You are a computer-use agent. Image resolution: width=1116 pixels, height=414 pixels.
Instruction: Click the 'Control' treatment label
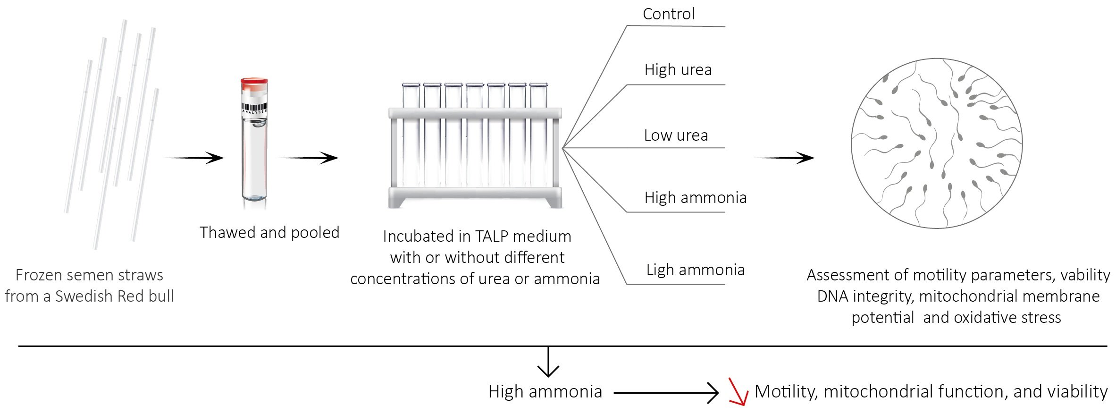pos(668,14)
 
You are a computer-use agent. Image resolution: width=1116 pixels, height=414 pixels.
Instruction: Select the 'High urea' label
pos(678,70)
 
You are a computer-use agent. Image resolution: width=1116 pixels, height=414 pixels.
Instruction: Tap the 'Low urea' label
pos(676,135)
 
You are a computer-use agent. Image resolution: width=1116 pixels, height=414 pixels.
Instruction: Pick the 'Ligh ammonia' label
pos(695,270)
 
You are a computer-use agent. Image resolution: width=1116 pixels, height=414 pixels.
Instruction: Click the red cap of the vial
pos(254,84)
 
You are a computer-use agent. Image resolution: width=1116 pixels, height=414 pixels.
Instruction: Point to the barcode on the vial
pos(254,108)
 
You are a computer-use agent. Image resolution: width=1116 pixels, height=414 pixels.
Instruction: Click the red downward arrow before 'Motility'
pos(738,391)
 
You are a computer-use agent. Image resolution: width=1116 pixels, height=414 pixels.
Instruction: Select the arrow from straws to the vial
pos(193,158)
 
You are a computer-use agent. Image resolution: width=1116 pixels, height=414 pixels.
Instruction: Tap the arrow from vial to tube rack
pos(308,158)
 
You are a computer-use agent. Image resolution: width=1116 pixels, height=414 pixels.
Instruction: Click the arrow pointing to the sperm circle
pos(784,158)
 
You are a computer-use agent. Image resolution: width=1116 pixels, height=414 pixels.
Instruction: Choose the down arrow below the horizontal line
pos(548,363)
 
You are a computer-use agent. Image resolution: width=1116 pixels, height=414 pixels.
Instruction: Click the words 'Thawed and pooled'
pos(269,233)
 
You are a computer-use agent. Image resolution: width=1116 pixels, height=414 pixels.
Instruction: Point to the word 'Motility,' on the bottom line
pos(786,392)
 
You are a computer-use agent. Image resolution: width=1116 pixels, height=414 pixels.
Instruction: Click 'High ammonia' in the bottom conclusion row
pos(545,392)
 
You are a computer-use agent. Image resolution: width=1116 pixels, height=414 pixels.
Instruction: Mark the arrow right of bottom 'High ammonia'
pos(666,392)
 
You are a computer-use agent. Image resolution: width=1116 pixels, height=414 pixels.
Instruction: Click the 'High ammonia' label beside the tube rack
pos(695,198)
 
